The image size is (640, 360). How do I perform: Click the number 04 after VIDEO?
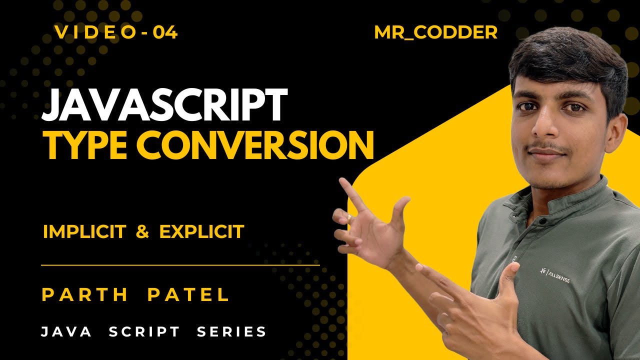165,33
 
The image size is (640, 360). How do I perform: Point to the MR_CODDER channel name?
435,33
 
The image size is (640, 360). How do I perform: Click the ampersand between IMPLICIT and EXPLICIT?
142,231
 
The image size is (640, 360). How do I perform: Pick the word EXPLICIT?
201,231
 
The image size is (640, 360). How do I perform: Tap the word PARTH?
85,294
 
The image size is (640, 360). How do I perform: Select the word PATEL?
188,294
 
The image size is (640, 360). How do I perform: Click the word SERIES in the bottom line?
232,331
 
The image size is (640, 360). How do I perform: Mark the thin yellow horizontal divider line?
180,265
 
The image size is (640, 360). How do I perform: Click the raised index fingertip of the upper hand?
344,181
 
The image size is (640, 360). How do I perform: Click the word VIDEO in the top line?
95,33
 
